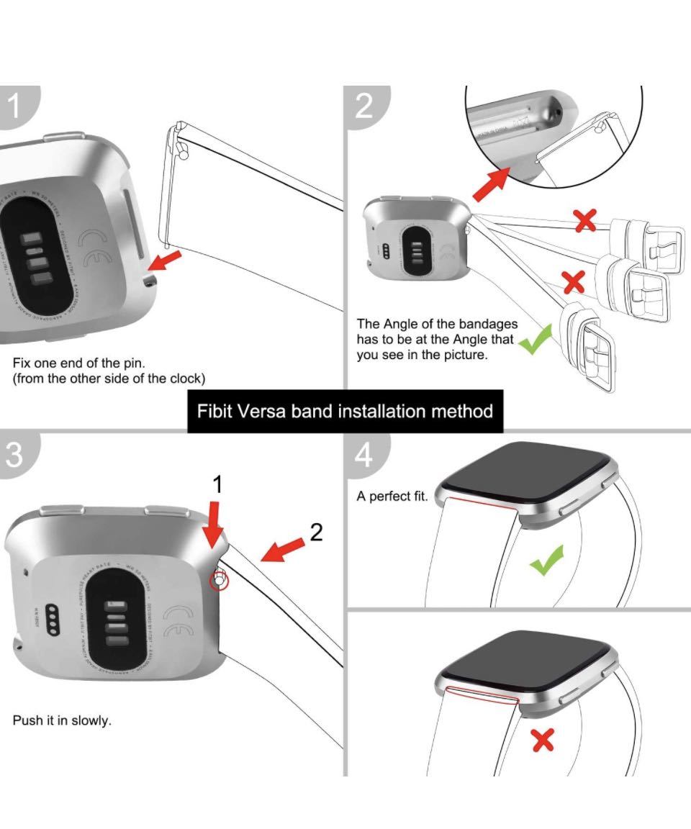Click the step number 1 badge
tap(14, 107)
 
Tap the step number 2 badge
tap(364, 107)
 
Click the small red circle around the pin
tap(220, 579)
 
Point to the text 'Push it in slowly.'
tap(62, 720)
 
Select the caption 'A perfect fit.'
tap(392, 497)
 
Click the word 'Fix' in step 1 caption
tap(22, 363)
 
